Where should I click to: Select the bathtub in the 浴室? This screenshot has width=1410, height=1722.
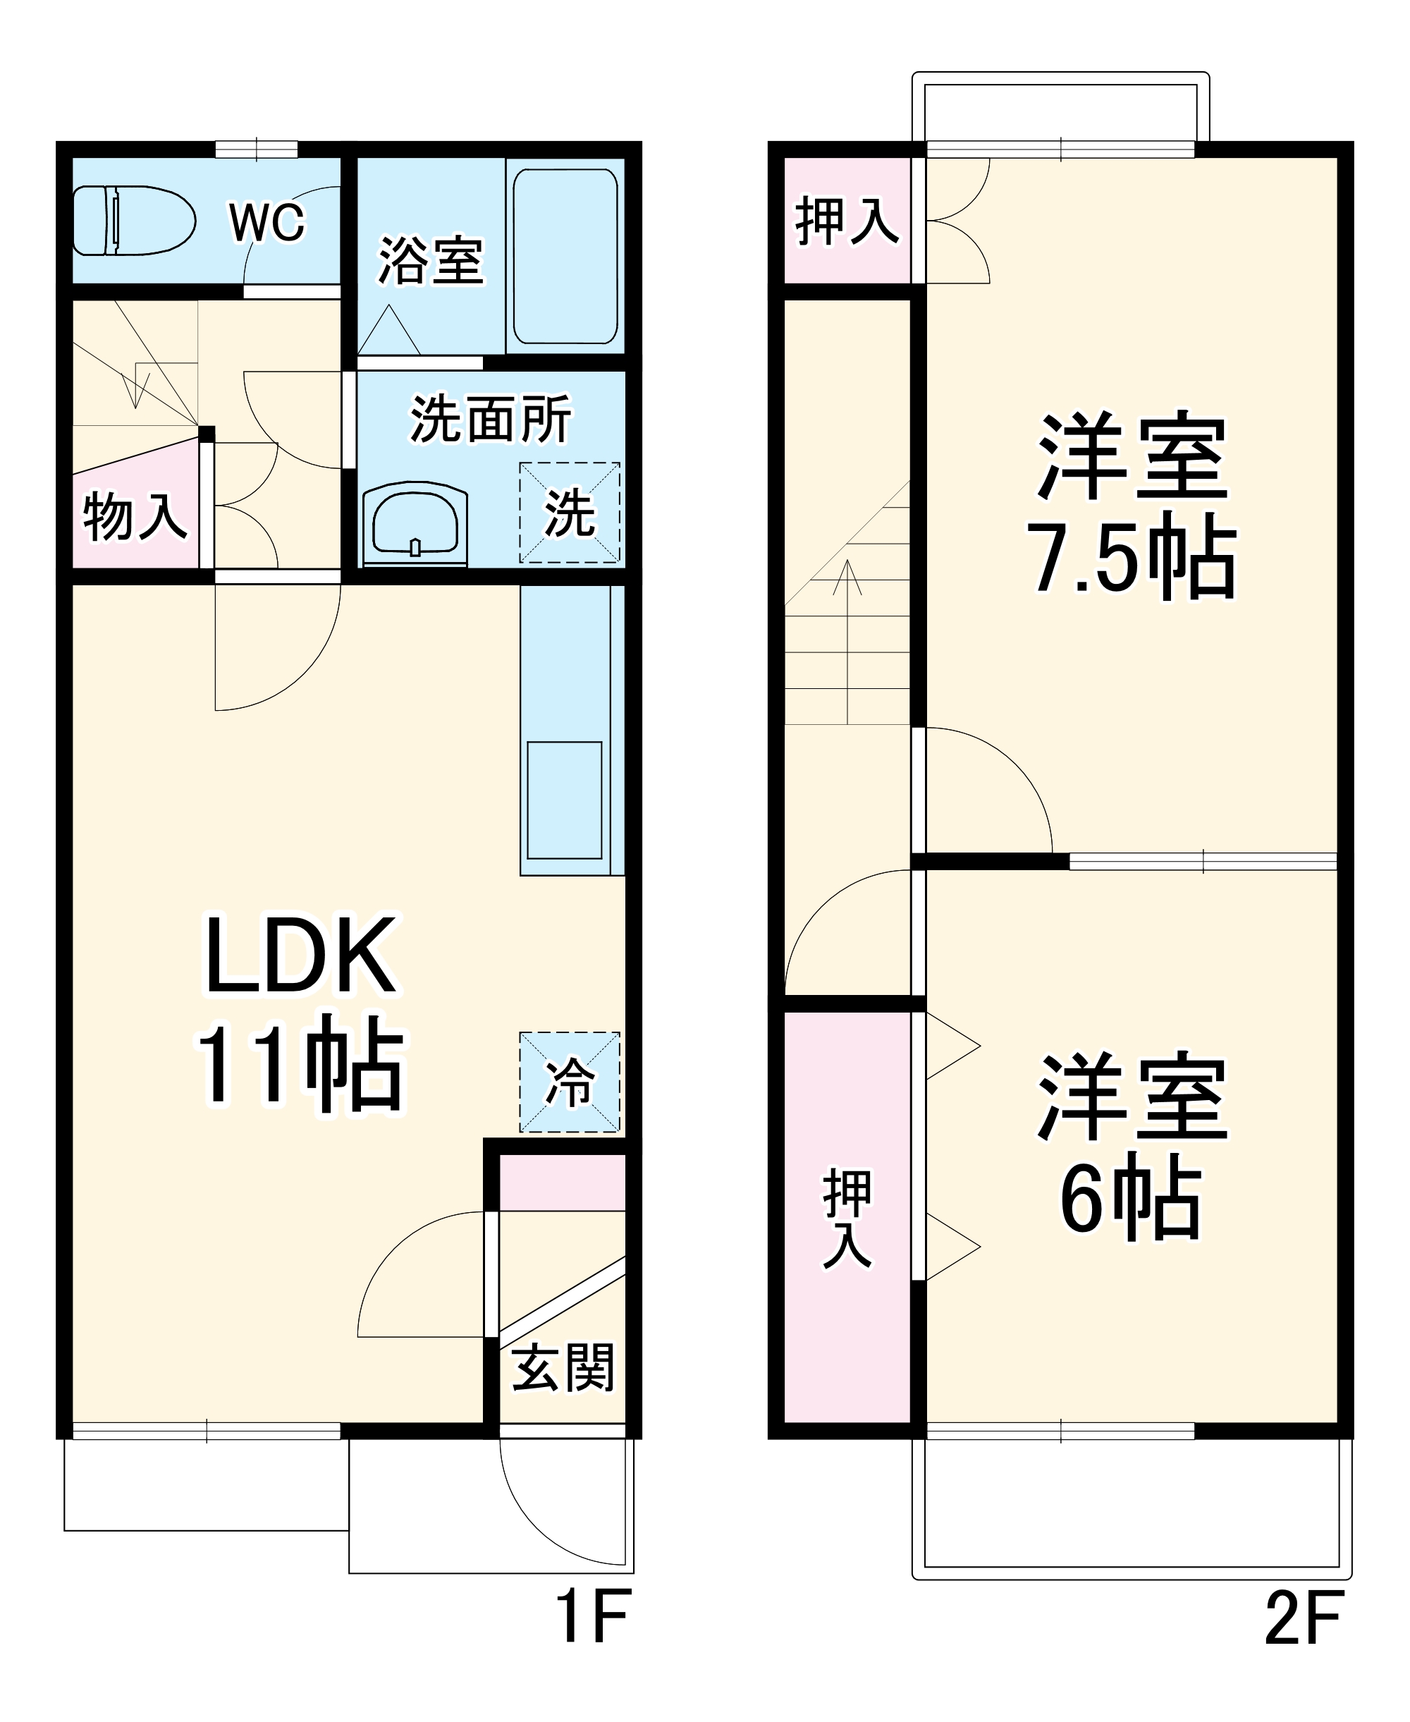pyautogui.click(x=565, y=257)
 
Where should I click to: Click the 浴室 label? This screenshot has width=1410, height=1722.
pyautogui.click(x=431, y=261)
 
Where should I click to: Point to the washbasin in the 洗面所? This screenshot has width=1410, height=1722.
pyautogui.click(x=415, y=524)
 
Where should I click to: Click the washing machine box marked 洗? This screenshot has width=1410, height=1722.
pyautogui.click(x=570, y=513)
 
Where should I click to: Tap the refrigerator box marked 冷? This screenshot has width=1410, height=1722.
pyautogui.click(x=570, y=1082)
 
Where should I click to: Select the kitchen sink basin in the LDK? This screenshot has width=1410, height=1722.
pyautogui.click(x=565, y=800)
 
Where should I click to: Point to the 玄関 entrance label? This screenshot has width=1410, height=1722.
pyautogui.click(x=563, y=1368)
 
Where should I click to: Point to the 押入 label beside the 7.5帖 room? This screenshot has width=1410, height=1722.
pyautogui.click(x=847, y=220)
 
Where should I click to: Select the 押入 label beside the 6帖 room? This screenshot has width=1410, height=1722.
pyautogui.click(x=847, y=1218)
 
